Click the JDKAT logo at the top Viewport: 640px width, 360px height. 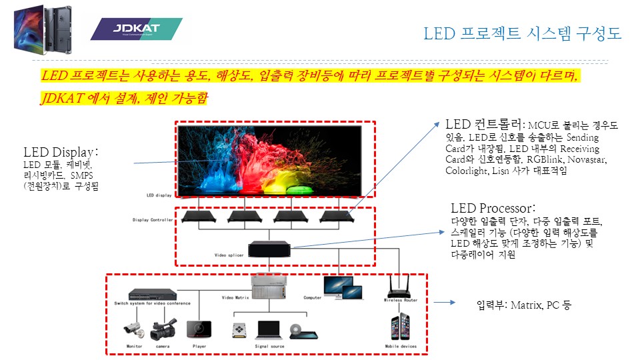point(136,29)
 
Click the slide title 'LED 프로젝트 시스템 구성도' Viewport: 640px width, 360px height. point(522,33)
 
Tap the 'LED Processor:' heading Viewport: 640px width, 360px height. point(493,209)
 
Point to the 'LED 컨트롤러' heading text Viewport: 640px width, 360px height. point(484,125)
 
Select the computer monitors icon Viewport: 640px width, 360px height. point(342,287)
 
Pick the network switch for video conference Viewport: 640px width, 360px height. point(153,294)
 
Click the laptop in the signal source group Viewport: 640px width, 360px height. point(269,330)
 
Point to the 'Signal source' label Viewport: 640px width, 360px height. point(270,347)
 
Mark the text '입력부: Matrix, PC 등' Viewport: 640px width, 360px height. point(524,305)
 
